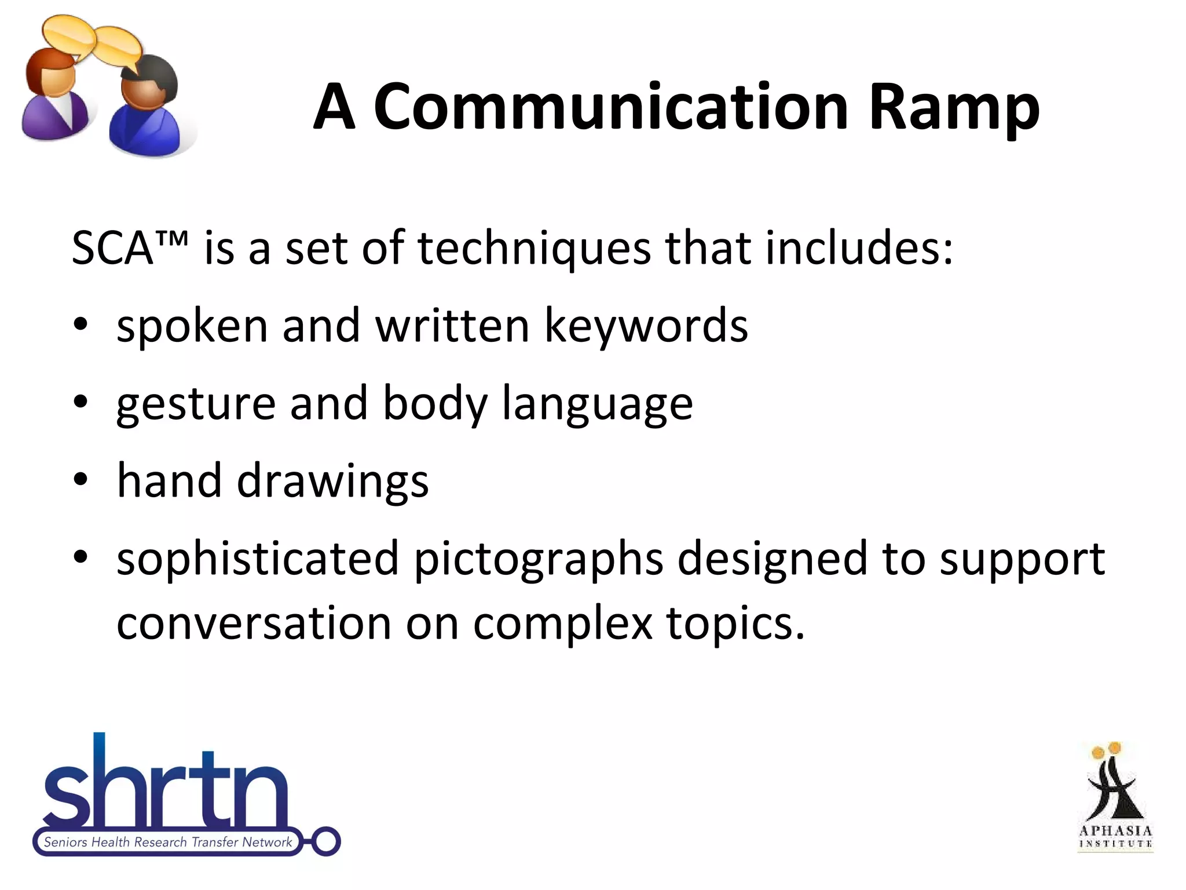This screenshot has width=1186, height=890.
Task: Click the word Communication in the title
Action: point(611,107)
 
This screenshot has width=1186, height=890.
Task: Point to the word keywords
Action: point(646,326)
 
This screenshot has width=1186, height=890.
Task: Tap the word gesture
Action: point(196,404)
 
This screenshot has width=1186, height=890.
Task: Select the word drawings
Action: point(332,481)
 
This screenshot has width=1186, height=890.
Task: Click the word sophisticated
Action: point(258,559)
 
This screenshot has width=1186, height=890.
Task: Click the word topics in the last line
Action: point(734,625)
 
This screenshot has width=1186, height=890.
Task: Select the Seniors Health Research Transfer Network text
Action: point(168,842)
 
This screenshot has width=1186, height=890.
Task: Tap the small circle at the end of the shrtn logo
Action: point(327,841)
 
